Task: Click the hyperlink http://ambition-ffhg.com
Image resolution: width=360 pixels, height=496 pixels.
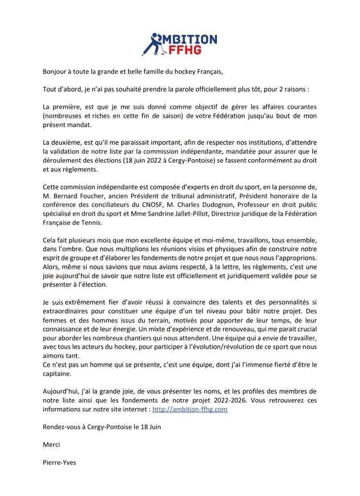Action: tap(190, 409)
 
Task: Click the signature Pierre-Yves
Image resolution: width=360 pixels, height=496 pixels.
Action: tap(59, 462)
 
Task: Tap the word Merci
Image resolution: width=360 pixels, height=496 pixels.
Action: tap(51, 444)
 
